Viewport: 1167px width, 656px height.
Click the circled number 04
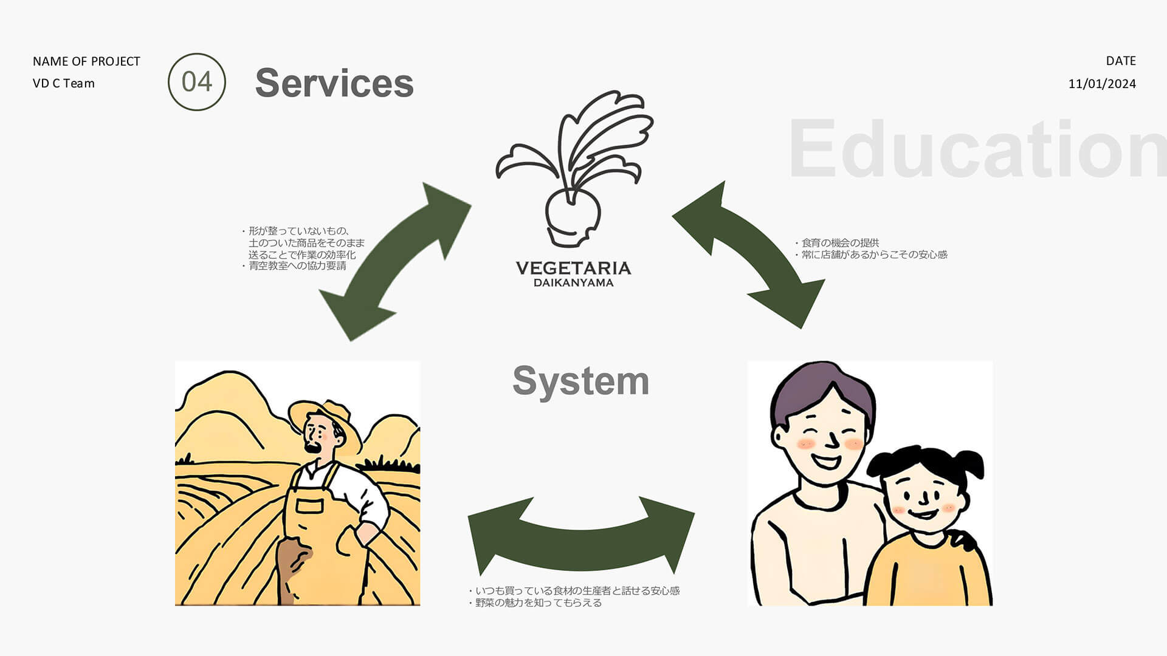point(196,82)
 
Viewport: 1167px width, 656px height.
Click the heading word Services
point(334,83)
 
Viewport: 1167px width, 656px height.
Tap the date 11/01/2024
point(1101,84)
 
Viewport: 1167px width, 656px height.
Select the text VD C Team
point(64,83)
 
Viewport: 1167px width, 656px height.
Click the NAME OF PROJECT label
point(86,61)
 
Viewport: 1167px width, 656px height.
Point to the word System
point(580,381)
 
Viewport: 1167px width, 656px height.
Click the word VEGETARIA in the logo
point(573,268)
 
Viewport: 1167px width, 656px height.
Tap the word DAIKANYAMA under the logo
point(573,282)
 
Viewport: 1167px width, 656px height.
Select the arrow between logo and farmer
point(395,261)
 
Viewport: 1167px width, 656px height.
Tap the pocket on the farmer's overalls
point(309,505)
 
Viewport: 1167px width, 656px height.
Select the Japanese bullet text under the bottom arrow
point(574,596)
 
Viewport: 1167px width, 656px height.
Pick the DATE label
point(1120,61)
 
